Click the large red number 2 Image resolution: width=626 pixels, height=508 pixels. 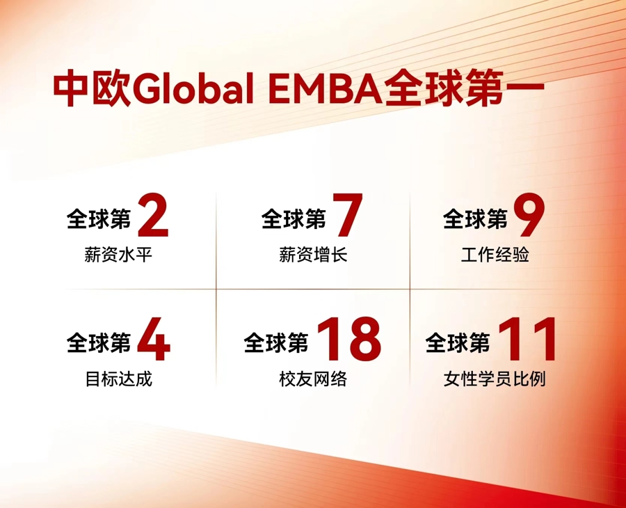(x=153, y=216)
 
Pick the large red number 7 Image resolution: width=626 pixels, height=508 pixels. (x=346, y=216)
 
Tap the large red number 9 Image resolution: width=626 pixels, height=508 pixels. (x=529, y=216)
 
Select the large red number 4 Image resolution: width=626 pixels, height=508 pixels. (x=153, y=340)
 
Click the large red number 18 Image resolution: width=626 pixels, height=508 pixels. (x=349, y=340)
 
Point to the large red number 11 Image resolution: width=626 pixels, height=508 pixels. (x=529, y=340)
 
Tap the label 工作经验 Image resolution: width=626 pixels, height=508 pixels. (x=495, y=255)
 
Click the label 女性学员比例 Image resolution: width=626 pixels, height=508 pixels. (x=495, y=380)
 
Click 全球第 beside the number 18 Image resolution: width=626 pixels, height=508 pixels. (x=276, y=343)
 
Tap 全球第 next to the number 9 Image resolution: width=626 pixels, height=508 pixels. (x=475, y=220)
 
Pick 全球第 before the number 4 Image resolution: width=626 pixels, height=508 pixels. (x=99, y=343)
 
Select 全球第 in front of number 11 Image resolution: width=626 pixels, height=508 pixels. (x=458, y=343)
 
